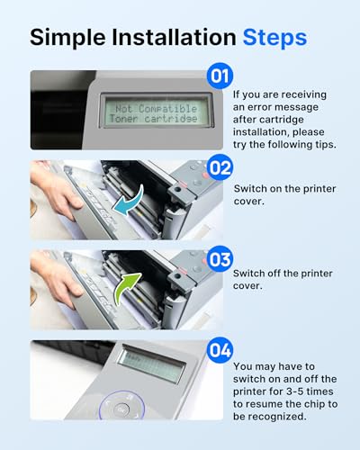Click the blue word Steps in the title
click(x=274, y=38)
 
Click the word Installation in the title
click(x=174, y=38)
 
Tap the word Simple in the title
click(x=67, y=38)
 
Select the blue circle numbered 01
click(x=220, y=76)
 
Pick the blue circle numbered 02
click(x=220, y=167)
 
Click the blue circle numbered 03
click(x=220, y=259)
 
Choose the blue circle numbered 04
click(x=220, y=350)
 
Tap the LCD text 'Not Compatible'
click(x=156, y=108)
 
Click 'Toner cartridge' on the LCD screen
click(x=153, y=119)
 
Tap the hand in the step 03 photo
click(x=56, y=281)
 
